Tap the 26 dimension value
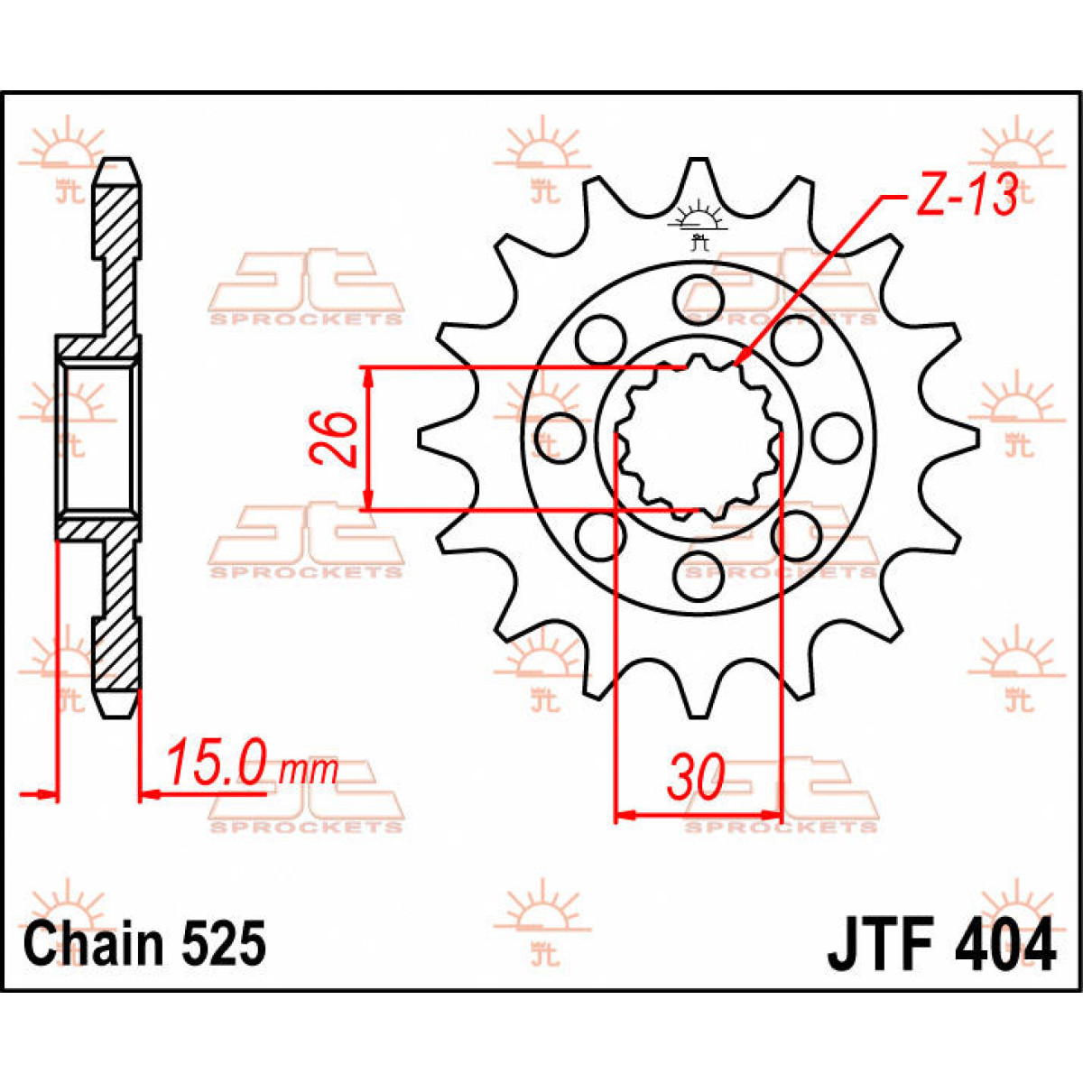[335, 438]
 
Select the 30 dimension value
[697, 777]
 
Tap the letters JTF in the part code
[878, 946]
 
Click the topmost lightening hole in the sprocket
[699, 295]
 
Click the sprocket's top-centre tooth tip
[698, 162]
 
